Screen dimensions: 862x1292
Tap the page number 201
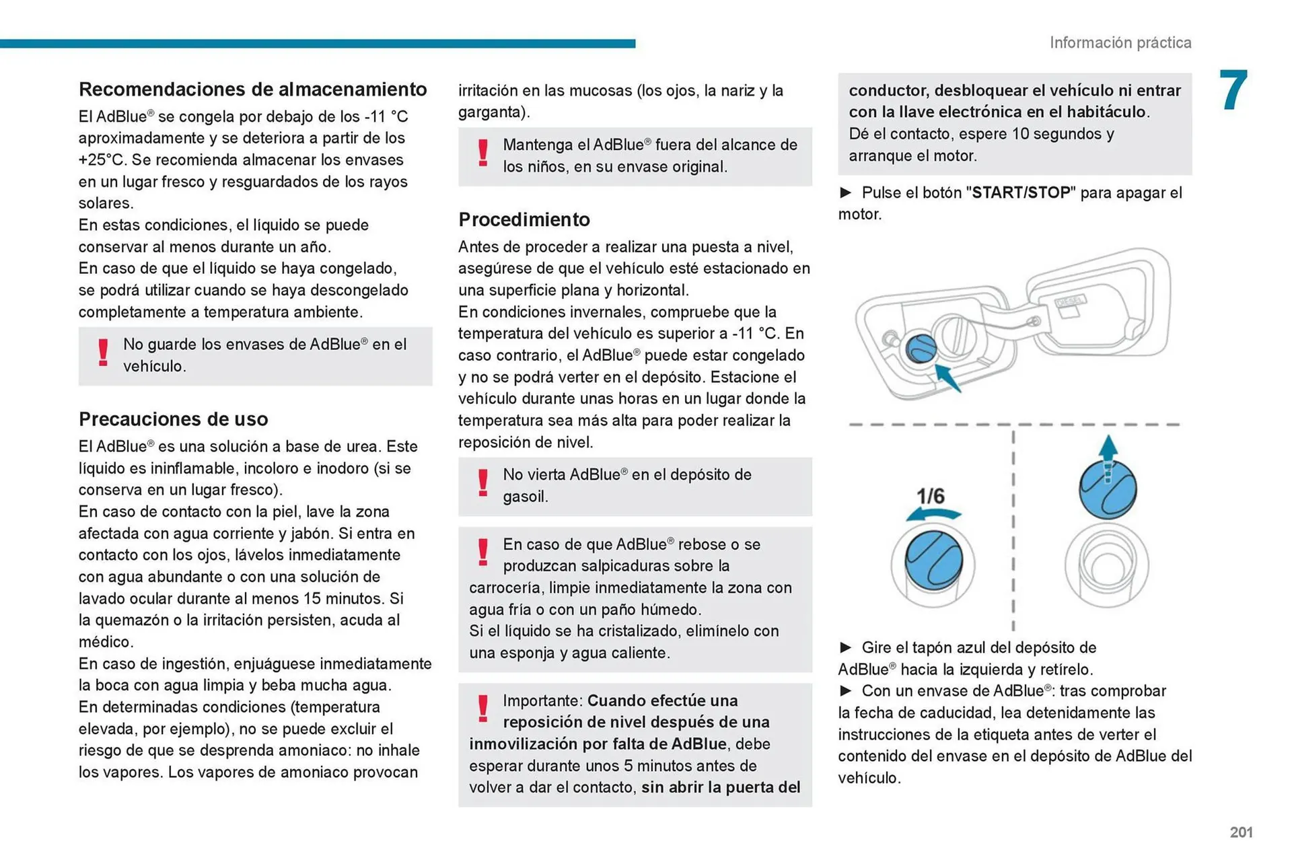[x=1241, y=832]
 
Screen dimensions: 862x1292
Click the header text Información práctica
[x=1120, y=43]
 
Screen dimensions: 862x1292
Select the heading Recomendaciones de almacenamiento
[x=252, y=89]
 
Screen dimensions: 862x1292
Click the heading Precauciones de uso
[x=173, y=419]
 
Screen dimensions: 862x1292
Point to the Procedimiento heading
[x=524, y=219]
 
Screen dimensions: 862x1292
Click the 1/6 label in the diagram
[x=931, y=497]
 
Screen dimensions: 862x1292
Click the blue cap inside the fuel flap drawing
[x=921, y=349]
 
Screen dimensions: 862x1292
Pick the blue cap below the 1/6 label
[x=933, y=560]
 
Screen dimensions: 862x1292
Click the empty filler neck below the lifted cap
[x=1106, y=565]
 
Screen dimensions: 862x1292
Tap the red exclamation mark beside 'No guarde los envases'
[x=103, y=353]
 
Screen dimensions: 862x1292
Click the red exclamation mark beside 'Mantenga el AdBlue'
[x=482, y=153]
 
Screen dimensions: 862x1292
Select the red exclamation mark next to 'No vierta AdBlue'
[x=482, y=482]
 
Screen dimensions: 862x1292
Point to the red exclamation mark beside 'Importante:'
[x=482, y=709]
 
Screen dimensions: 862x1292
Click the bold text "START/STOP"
[x=1021, y=193]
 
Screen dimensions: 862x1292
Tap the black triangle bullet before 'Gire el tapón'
[x=845, y=647]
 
